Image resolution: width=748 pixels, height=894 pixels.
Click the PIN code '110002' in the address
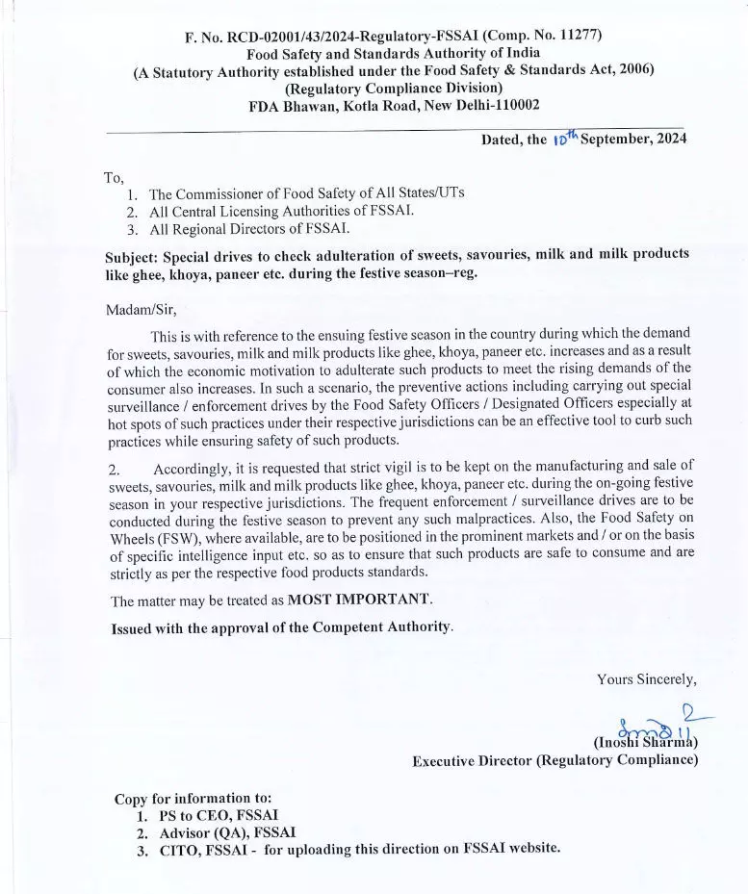point(505,105)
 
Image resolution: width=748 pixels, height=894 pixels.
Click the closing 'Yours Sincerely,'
point(646,679)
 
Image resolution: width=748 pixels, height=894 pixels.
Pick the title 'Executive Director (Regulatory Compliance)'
point(555,760)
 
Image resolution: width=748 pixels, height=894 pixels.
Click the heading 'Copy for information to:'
point(193,798)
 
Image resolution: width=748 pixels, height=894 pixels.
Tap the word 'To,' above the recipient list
point(114,177)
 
